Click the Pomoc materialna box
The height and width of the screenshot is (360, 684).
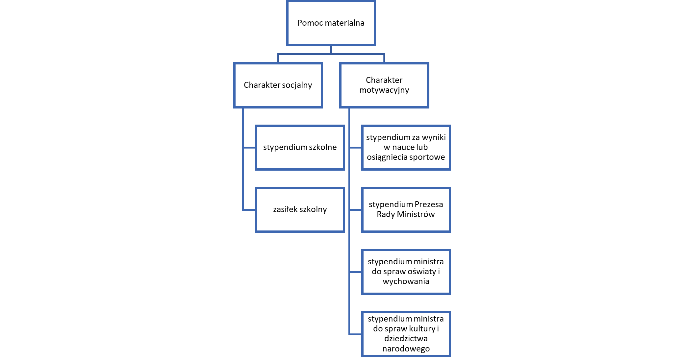[331, 23]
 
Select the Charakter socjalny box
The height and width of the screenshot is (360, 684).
[278, 85]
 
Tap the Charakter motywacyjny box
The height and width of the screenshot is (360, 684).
[384, 85]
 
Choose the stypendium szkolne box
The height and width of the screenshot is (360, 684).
[300, 147]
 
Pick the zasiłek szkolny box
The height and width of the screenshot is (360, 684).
[300, 209]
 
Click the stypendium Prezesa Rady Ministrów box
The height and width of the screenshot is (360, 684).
[406, 209]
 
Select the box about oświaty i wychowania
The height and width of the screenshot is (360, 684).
[406, 272]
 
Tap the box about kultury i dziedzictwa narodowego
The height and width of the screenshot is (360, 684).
[406, 334]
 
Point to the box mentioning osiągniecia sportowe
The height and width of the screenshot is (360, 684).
[406, 147]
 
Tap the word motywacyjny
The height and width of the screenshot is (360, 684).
[384, 90]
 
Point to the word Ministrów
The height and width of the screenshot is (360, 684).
[416, 214]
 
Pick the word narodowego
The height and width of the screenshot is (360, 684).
[406, 349]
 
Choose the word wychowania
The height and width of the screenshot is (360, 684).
[406, 281]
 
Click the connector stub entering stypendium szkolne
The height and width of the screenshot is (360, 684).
[249, 148]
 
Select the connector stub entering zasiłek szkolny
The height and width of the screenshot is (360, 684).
[249, 210]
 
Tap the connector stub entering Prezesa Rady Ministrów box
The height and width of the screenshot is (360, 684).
[356, 210]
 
